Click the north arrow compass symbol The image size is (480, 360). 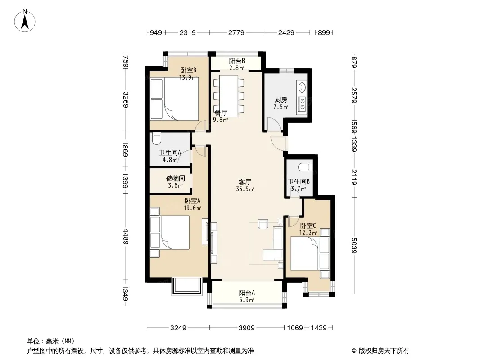pos(25,21)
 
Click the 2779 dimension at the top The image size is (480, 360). pos(236,32)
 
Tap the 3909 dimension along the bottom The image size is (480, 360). pos(247,328)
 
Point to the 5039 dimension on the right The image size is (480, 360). pos(354,246)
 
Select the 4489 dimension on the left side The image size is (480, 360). pos(126,237)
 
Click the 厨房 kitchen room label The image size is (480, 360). pos(281,100)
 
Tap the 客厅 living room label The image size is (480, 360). pos(245,182)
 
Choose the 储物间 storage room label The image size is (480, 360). pos(176,178)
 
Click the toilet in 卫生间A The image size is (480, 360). pos(156,139)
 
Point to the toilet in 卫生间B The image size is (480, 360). pos(306,167)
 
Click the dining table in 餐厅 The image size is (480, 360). pos(229,95)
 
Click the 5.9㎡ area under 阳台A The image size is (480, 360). pos(247,300)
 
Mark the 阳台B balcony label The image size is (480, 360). pos(237,61)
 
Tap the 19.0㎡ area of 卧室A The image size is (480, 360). pos(192,208)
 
